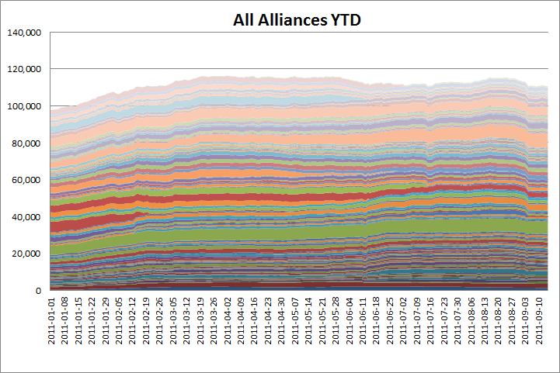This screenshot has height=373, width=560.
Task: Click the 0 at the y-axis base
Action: point(38,290)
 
